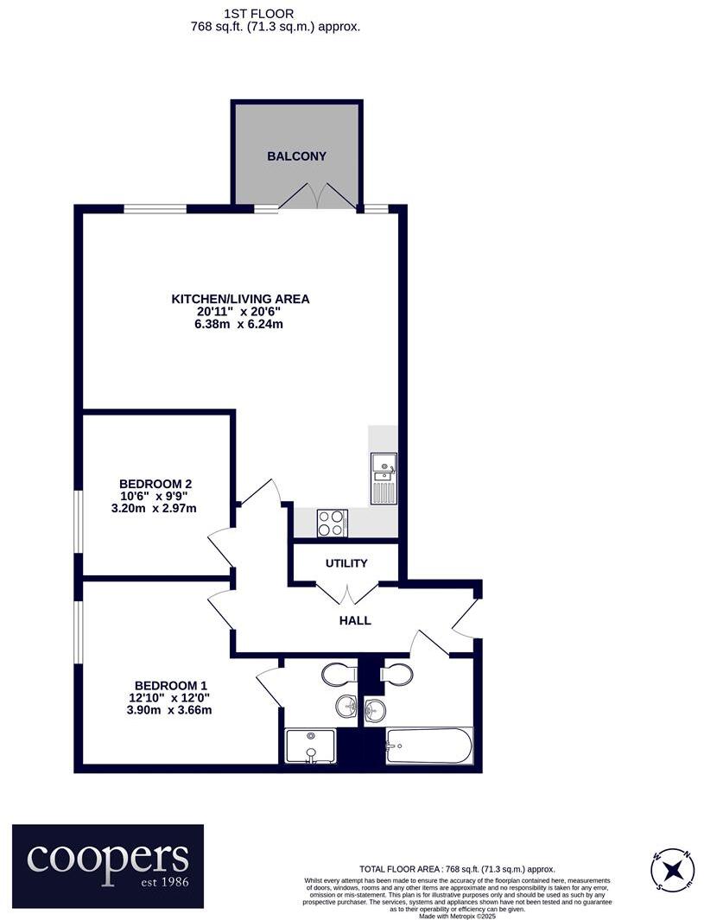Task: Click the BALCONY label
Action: [296, 156]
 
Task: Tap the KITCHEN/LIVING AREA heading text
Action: [240, 299]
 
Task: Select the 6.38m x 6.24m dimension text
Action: [240, 325]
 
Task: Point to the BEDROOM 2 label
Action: [155, 483]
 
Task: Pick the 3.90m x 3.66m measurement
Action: [168, 710]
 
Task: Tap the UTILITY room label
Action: [346, 563]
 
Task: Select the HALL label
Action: [355, 620]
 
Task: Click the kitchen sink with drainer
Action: [384, 478]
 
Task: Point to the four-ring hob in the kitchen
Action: [332, 523]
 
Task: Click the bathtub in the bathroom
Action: [429, 746]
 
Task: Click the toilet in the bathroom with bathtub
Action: [396, 674]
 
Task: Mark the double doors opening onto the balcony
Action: [317, 197]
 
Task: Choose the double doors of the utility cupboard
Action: [346, 593]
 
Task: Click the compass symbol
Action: [672, 868]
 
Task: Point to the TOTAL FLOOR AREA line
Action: [457, 869]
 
